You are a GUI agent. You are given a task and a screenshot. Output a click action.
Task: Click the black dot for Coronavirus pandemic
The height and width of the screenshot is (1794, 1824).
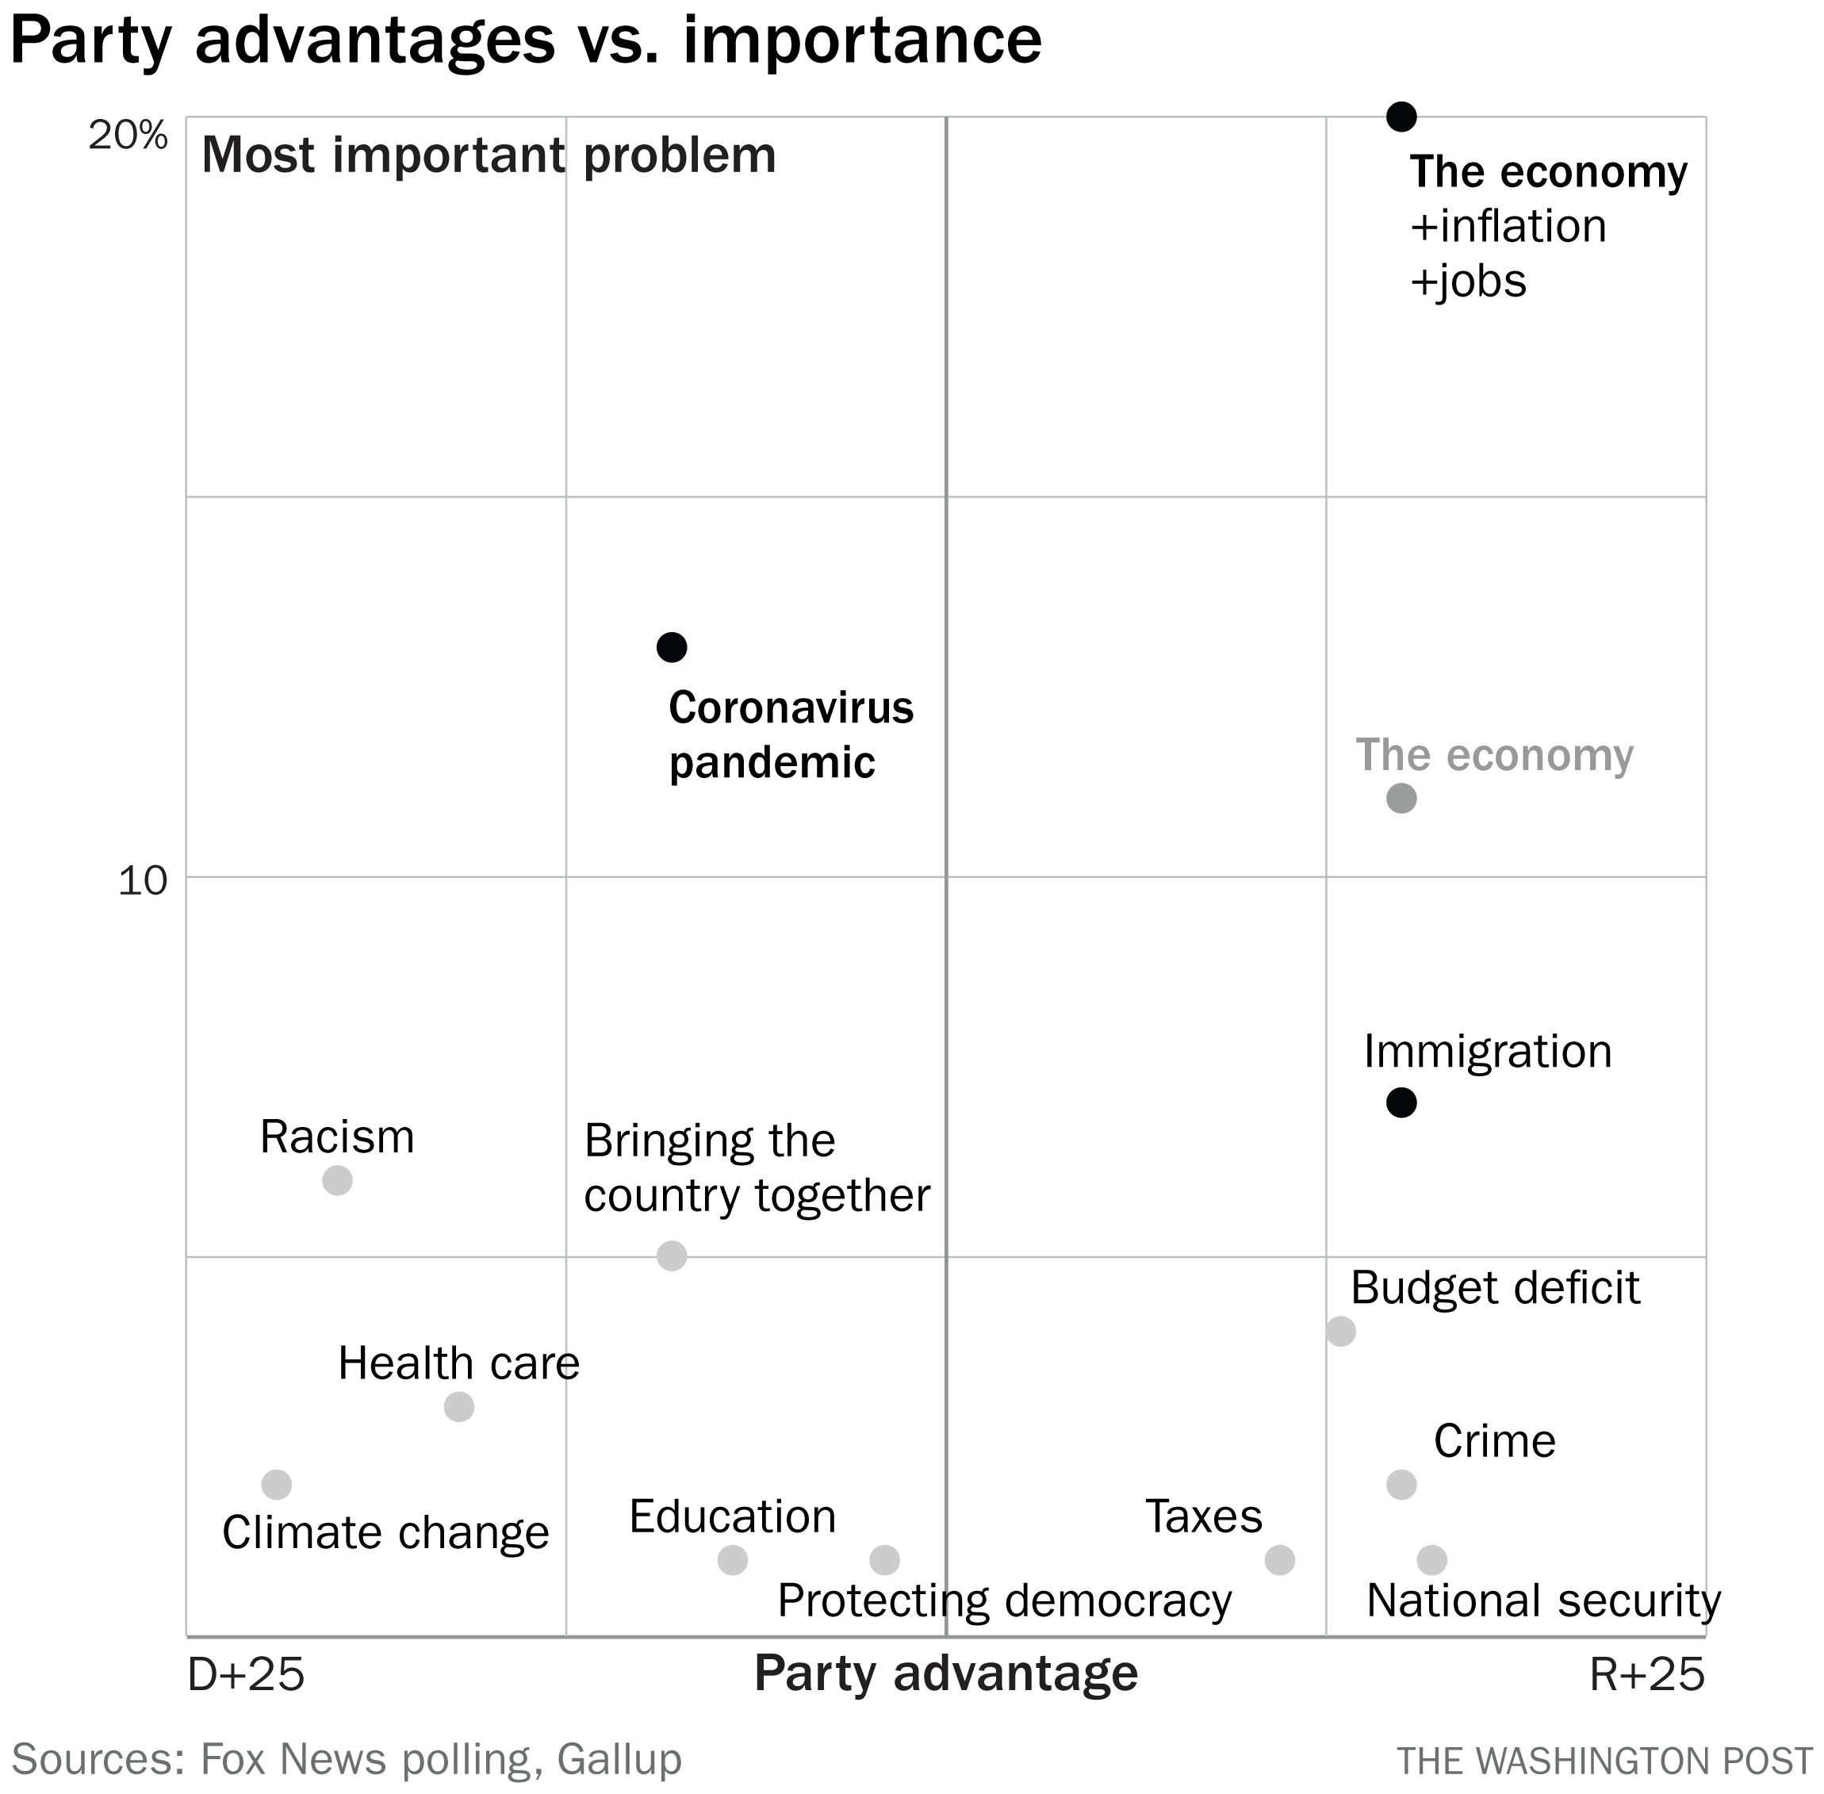(x=672, y=647)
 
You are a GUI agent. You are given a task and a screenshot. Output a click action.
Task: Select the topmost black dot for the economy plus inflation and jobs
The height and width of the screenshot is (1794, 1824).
(x=1402, y=117)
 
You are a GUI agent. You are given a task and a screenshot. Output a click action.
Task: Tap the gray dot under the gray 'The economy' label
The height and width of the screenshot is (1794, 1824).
(x=1402, y=799)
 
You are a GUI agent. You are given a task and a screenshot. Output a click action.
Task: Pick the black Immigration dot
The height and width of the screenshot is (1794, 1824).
(x=1402, y=1102)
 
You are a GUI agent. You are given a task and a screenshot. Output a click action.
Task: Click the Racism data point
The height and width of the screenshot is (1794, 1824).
(x=337, y=1181)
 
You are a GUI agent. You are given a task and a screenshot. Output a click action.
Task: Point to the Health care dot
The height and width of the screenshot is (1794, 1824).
(x=459, y=1408)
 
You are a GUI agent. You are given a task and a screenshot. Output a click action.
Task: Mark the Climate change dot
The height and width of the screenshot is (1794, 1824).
(x=276, y=1485)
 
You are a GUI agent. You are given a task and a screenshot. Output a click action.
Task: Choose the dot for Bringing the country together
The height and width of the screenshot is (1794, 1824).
(x=672, y=1256)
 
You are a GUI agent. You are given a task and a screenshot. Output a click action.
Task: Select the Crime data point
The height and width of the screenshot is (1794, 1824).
(x=1402, y=1485)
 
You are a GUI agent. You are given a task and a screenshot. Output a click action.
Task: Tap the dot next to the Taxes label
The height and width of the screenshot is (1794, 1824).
(x=1279, y=1560)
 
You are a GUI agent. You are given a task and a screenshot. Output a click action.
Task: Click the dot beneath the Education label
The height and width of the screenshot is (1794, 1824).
(x=733, y=1560)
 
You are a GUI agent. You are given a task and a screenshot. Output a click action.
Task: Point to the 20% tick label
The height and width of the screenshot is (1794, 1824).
(x=128, y=136)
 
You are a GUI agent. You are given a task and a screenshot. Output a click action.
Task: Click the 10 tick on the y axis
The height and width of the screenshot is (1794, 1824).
(x=142, y=881)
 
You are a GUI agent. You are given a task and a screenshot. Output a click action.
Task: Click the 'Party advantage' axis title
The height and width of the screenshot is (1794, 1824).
(x=946, y=1673)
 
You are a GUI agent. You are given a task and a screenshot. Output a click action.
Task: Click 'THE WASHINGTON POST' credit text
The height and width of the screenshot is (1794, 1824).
(x=1604, y=1761)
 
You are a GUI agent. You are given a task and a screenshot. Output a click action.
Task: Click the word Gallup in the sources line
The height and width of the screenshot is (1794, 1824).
(x=619, y=1759)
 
